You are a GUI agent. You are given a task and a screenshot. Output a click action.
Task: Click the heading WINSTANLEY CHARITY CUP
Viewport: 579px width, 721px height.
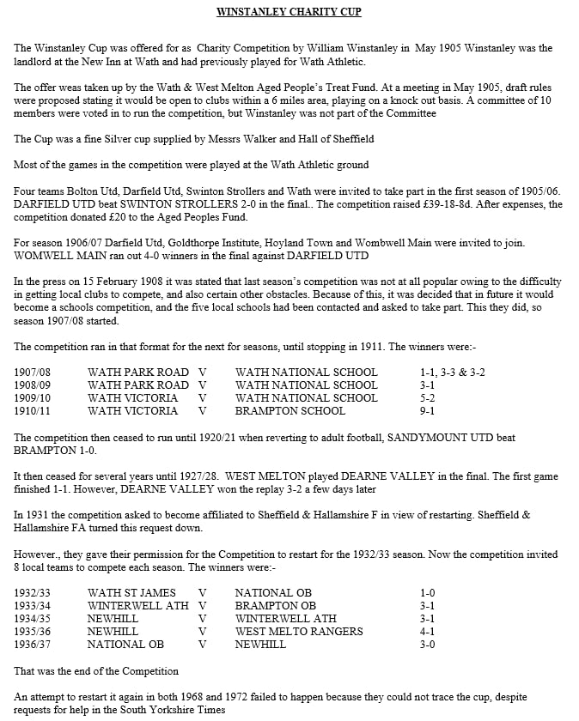coord(289,12)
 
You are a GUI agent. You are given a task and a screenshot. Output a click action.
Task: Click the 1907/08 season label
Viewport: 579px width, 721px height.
coord(35,372)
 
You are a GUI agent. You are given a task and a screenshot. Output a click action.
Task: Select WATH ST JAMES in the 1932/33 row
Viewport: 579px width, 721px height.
coord(131,592)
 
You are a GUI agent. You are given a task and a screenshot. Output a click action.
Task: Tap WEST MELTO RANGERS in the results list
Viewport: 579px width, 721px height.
coord(298,631)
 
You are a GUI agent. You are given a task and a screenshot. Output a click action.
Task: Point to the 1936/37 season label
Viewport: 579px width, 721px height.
coord(35,644)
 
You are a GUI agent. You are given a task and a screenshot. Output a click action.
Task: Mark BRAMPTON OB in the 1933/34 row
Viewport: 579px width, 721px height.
coord(275,605)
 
